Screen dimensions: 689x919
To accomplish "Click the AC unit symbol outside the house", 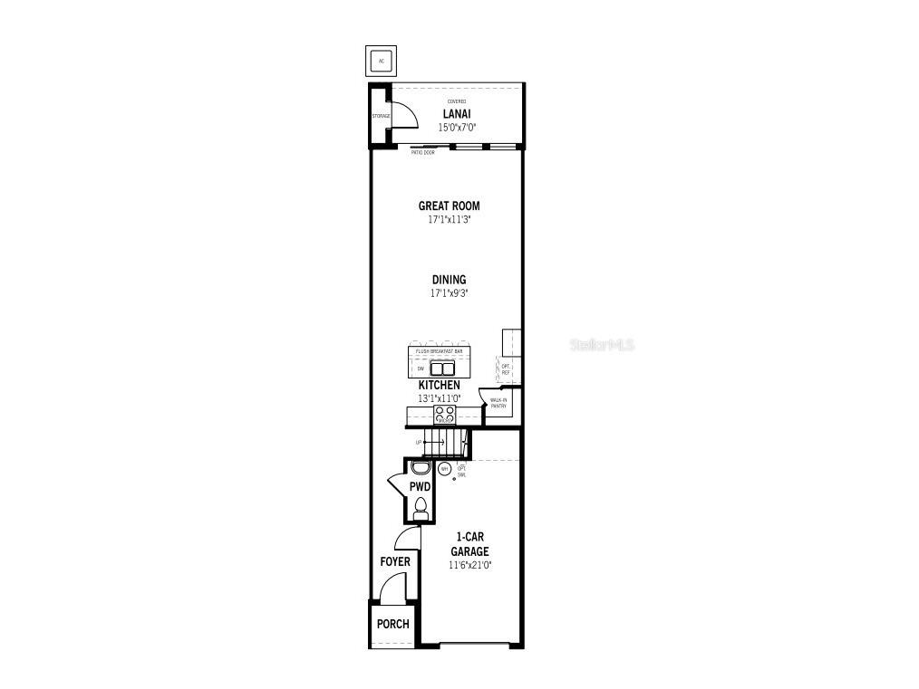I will [381, 61].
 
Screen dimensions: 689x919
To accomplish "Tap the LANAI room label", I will [455, 114].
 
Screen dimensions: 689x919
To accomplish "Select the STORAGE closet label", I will [381, 117].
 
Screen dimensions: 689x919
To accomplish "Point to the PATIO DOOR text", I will [422, 152].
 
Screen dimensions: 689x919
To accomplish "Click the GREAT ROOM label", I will [449, 206].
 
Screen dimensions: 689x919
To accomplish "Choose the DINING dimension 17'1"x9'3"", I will [449, 293].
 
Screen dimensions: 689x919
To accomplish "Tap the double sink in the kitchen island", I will [441, 368].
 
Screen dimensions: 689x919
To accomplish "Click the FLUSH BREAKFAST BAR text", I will [439, 351].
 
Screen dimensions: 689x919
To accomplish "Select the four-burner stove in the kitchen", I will [444, 414].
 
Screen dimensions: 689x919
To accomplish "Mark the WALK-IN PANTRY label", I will [498, 403].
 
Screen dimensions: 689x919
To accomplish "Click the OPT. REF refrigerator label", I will [506, 368].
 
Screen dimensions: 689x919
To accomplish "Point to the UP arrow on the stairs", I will [419, 443].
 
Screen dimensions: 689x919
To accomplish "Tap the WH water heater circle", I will [444, 469].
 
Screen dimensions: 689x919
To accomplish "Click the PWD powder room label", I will [420, 487].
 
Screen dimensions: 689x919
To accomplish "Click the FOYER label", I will [394, 561].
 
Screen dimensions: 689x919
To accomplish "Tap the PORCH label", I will [392, 624].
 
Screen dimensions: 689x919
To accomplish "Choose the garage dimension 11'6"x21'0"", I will [469, 565].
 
